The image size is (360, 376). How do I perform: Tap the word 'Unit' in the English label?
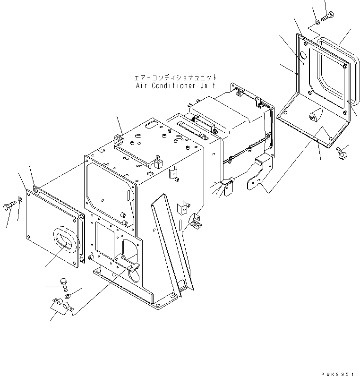207,86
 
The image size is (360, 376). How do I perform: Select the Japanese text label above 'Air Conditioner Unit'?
175,77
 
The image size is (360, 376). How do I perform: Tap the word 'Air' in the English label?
141,86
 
